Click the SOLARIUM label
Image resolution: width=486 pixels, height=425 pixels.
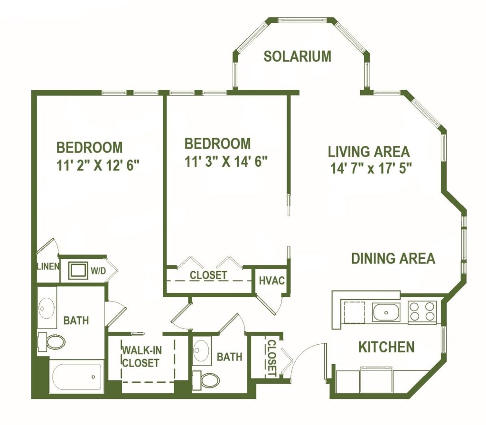click(297, 56)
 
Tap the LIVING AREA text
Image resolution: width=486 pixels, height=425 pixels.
click(369, 151)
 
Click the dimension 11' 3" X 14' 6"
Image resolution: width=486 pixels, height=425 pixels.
click(226, 161)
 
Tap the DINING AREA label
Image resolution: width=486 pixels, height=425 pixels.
click(393, 258)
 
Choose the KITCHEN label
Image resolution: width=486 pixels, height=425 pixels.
click(386, 347)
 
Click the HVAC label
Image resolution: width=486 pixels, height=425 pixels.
click(272, 281)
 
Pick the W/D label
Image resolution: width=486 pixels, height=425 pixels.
click(98, 271)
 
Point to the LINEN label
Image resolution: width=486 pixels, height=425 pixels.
click(48, 266)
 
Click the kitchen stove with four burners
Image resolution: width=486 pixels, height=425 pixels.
click(421, 312)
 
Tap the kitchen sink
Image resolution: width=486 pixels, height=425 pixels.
click(386, 312)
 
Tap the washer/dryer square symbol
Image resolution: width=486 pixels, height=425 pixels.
click(77, 271)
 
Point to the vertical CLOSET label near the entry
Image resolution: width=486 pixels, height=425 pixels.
click(271, 358)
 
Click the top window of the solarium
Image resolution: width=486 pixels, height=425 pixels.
click(302, 20)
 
